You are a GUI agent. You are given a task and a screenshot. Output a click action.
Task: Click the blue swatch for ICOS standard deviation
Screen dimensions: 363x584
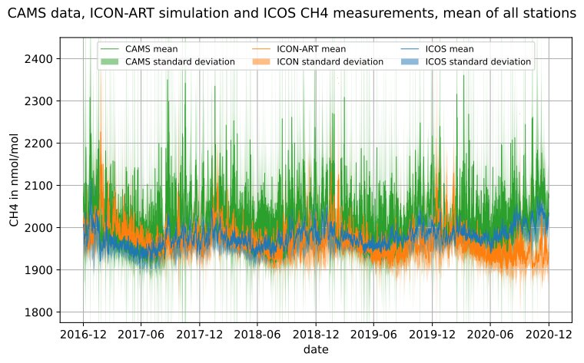408,61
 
